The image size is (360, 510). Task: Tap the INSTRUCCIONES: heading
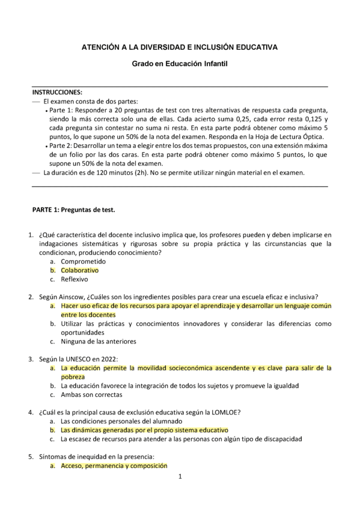click(x=57, y=92)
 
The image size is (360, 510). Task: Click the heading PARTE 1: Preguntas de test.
click(x=73, y=210)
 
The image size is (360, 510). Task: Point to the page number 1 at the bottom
click(x=180, y=477)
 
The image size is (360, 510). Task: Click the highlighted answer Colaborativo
click(x=79, y=271)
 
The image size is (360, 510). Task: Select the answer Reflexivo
click(x=75, y=279)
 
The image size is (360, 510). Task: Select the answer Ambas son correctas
click(x=91, y=395)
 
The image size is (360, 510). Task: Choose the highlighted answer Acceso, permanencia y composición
click(x=114, y=465)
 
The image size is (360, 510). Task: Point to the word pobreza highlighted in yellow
click(x=73, y=376)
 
